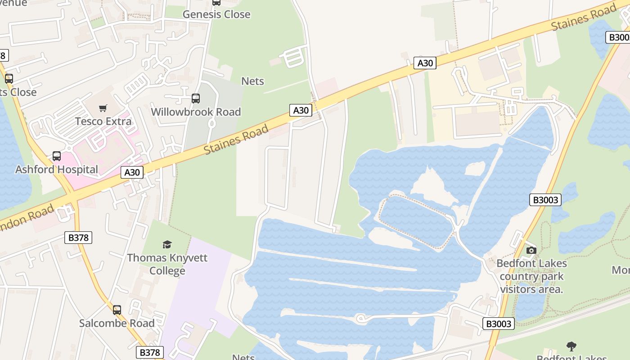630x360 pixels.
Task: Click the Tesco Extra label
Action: [x=103, y=121]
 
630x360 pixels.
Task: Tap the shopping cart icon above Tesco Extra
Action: [x=103, y=108]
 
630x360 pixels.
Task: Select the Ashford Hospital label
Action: [x=57, y=170]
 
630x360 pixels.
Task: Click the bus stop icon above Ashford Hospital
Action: [x=57, y=156]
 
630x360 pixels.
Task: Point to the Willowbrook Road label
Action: [x=196, y=112]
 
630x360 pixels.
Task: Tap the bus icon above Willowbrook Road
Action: [x=196, y=99]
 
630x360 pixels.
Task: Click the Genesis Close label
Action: [x=216, y=14]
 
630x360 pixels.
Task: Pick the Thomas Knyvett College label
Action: [x=167, y=264]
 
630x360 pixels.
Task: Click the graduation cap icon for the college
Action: [x=167, y=244]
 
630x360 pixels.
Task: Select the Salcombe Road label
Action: [x=117, y=323]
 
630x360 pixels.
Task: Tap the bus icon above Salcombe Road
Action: [x=117, y=310]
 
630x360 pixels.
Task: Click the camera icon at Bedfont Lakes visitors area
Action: [x=531, y=250]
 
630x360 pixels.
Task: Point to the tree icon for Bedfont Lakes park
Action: [x=571, y=346]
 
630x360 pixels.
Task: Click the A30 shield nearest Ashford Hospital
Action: [x=132, y=172]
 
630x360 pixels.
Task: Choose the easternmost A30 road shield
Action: [x=425, y=63]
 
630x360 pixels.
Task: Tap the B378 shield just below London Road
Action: [x=79, y=238]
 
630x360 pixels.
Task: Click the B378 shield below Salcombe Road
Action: [x=150, y=352]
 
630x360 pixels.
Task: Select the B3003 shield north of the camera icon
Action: [x=545, y=200]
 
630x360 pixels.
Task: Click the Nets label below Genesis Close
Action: [x=253, y=81]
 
